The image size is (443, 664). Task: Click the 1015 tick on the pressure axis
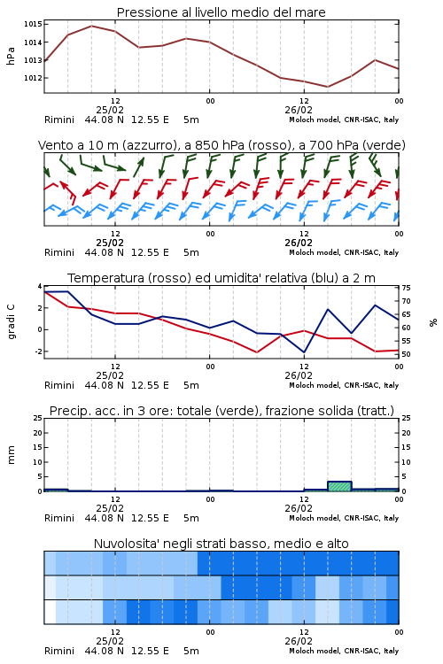point(33,24)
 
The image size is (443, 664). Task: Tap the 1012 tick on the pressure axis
point(33,78)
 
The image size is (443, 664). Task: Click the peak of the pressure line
point(91,26)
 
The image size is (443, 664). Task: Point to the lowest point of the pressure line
point(327,87)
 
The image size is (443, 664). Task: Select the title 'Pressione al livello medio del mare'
point(221,12)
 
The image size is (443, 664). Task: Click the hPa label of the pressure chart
point(11,56)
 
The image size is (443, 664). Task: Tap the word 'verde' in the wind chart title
point(385,145)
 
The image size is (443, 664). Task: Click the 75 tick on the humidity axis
point(406,288)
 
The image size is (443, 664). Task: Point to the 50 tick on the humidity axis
point(406,354)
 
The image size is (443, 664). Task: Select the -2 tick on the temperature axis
point(39,351)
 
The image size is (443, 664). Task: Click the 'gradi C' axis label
point(11,321)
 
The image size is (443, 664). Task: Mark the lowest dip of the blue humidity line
point(304,351)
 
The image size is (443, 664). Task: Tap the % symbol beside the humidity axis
point(433,322)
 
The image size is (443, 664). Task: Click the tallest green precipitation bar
point(339,486)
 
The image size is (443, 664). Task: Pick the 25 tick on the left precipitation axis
point(38,419)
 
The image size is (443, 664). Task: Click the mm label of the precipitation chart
point(11,454)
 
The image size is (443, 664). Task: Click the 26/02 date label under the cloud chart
point(299,641)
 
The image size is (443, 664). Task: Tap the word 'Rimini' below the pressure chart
point(59,120)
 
